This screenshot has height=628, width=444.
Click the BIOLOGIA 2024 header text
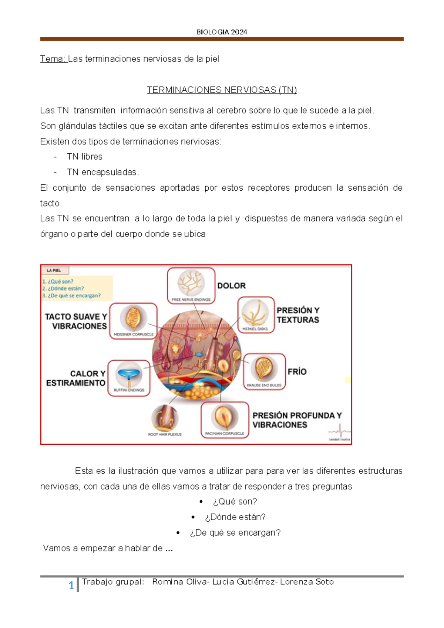tap(222, 32)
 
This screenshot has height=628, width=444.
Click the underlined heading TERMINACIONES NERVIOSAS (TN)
tap(222, 90)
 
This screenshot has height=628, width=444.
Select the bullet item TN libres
tap(84, 157)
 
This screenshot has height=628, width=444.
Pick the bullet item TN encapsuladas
tap(102, 172)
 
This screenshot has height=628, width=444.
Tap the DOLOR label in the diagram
tap(231, 285)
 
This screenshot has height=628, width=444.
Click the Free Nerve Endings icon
tap(191, 283)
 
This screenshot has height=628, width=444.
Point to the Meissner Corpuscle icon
tap(133, 318)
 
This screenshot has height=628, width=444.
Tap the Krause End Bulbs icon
tap(264, 369)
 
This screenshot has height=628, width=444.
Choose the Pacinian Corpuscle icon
tap(225, 417)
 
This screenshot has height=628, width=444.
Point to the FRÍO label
tap(297, 372)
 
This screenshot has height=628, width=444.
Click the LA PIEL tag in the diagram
tap(54, 271)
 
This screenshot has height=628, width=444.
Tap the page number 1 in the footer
tap(71, 585)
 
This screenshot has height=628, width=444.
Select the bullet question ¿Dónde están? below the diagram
tap(235, 517)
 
